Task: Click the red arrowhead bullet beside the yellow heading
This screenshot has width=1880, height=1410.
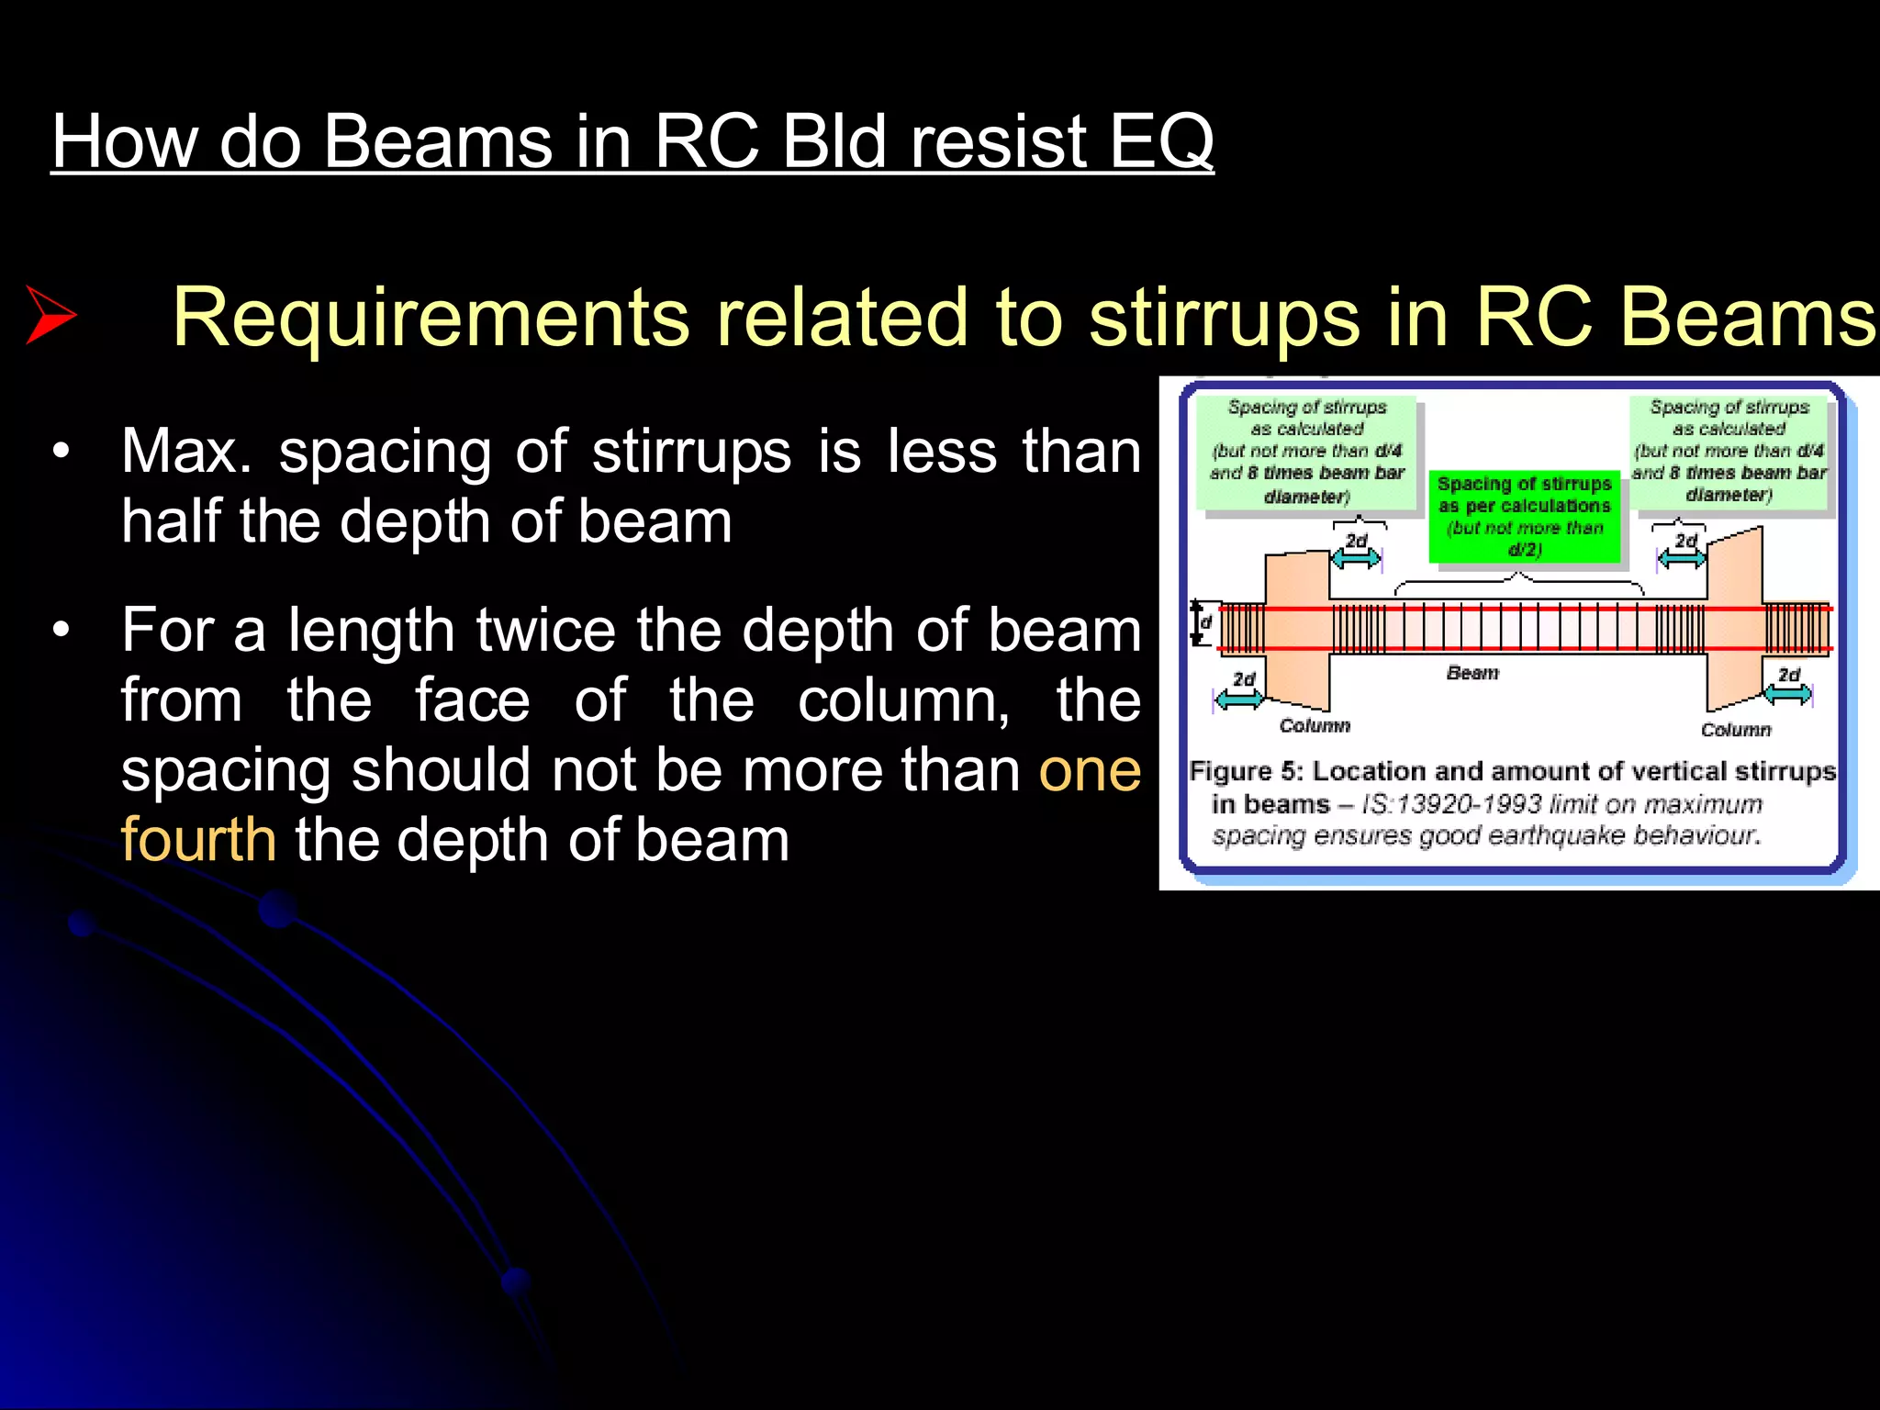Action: click(x=50, y=315)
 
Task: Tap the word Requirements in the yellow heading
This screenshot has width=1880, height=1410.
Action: click(x=431, y=317)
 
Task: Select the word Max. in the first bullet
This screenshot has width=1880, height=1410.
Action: click(x=186, y=453)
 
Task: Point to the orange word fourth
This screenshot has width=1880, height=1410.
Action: click(x=198, y=840)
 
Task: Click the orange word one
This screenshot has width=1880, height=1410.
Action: click(x=1090, y=770)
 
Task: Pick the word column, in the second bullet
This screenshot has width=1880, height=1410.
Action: click(x=903, y=700)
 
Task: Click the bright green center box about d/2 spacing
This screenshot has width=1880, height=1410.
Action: click(x=1524, y=517)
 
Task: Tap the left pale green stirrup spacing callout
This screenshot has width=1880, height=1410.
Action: click(x=1306, y=452)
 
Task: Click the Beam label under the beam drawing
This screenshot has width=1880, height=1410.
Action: click(x=1472, y=673)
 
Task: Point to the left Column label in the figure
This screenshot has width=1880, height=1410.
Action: click(x=1315, y=726)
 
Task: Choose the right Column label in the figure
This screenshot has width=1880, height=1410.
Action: click(x=1735, y=730)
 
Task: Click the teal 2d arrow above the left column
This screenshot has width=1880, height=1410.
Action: click(x=1356, y=556)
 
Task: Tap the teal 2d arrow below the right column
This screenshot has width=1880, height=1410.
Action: click(x=1787, y=695)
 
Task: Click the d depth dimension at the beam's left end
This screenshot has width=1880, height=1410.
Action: click(x=1202, y=622)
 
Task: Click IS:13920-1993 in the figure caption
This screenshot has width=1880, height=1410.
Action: click(x=1451, y=805)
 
